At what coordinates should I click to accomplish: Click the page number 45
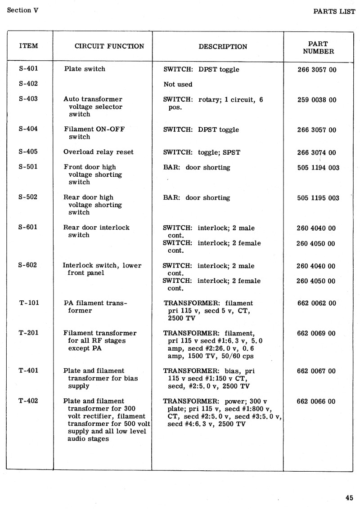(x=349, y=497)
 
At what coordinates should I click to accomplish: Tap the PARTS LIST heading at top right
(x=334, y=11)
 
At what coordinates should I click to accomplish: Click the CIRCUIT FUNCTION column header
(x=109, y=46)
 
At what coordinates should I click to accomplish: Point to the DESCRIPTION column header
(x=223, y=47)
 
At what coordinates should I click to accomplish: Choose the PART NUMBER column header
(x=318, y=48)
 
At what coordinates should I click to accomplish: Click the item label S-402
(x=28, y=84)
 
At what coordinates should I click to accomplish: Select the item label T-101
(x=29, y=303)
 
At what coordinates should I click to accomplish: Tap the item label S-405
(x=28, y=152)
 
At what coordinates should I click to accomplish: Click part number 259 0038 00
(x=316, y=100)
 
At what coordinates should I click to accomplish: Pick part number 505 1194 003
(x=318, y=168)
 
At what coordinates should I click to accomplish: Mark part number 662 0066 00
(x=316, y=401)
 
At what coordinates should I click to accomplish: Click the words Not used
(x=178, y=85)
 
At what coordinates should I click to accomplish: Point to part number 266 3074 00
(x=316, y=152)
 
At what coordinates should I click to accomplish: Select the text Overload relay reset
(x=99, y=152)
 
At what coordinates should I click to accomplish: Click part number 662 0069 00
(x=316, y=333)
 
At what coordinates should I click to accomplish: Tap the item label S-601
(x=28, y=227)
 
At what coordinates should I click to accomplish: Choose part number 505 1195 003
(x=318, y=198)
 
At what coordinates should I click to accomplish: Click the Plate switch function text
(x=85, y=69)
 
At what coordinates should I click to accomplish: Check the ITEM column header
(x=29, y=46)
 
